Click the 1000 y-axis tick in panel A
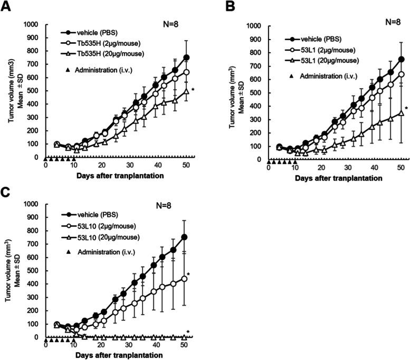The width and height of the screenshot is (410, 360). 33,24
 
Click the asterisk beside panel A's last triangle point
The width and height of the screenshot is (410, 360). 193,90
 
